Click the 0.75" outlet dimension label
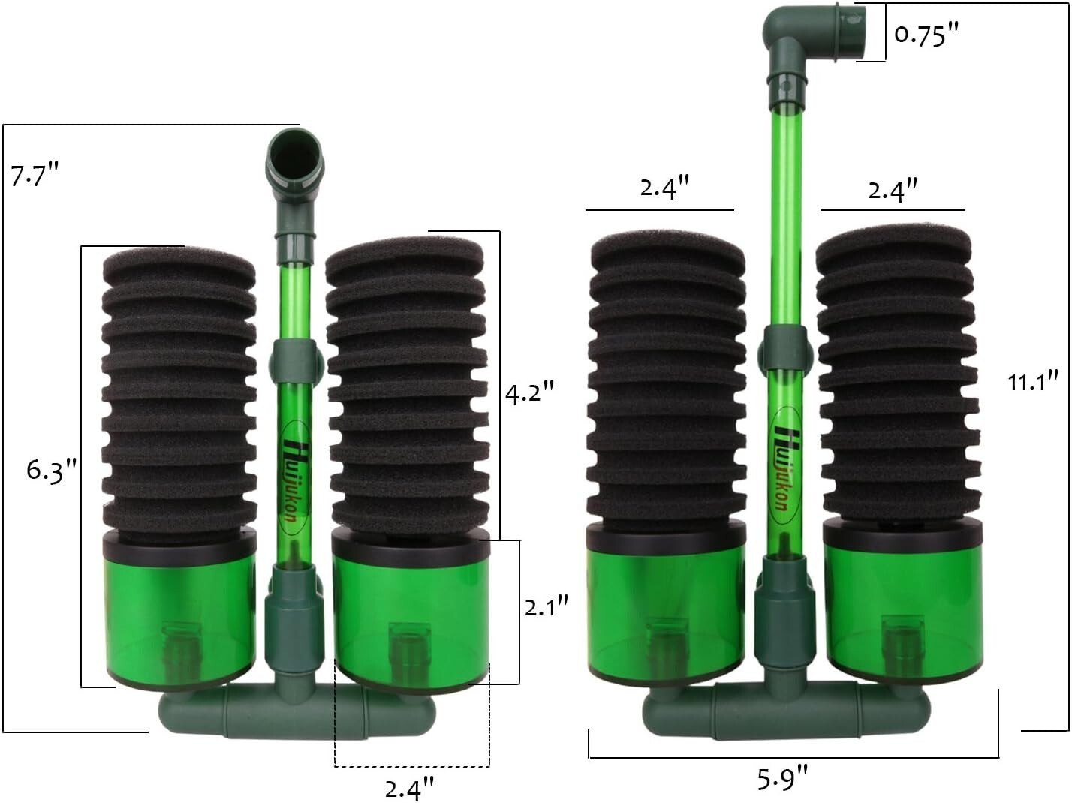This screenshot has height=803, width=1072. coord(927,35)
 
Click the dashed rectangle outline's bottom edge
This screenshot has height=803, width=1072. coord(411,766)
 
